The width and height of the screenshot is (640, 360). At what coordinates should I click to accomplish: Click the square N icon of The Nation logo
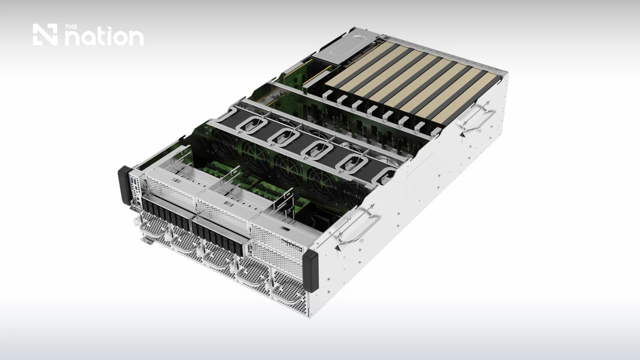(45, 34)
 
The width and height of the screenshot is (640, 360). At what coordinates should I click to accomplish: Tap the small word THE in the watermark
(71, 27)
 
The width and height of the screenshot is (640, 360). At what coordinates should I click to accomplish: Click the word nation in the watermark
(104, 37)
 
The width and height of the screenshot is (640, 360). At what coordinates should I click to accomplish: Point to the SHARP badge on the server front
(291, 246)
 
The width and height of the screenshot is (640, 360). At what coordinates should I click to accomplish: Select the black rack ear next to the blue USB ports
(125, 185)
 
